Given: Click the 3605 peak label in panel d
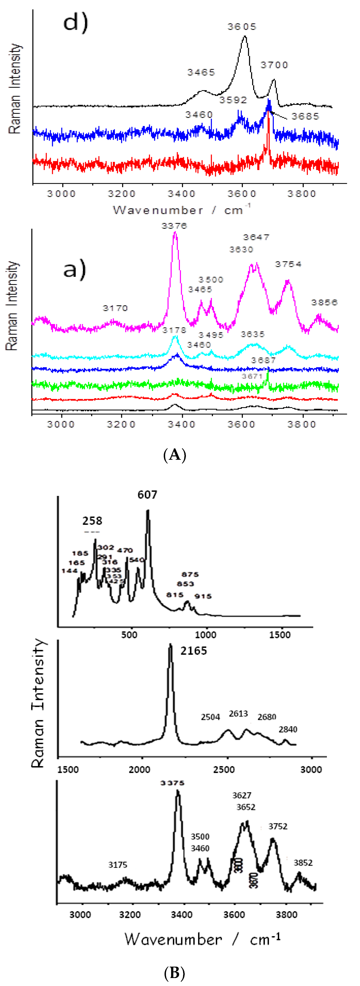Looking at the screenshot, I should coord(242,27).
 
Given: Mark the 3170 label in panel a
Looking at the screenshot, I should coord(115,308).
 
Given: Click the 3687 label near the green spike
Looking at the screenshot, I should coord(263,360).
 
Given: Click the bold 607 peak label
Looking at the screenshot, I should coord(147,495).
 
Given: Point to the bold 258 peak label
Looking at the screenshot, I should coord(92,521).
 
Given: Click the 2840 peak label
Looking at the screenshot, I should coord(288,730).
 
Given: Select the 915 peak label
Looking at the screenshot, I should coord(203,596).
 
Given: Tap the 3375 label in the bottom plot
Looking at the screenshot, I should coord(173,783).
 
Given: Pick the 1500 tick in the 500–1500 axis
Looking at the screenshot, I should coord(280,635).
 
